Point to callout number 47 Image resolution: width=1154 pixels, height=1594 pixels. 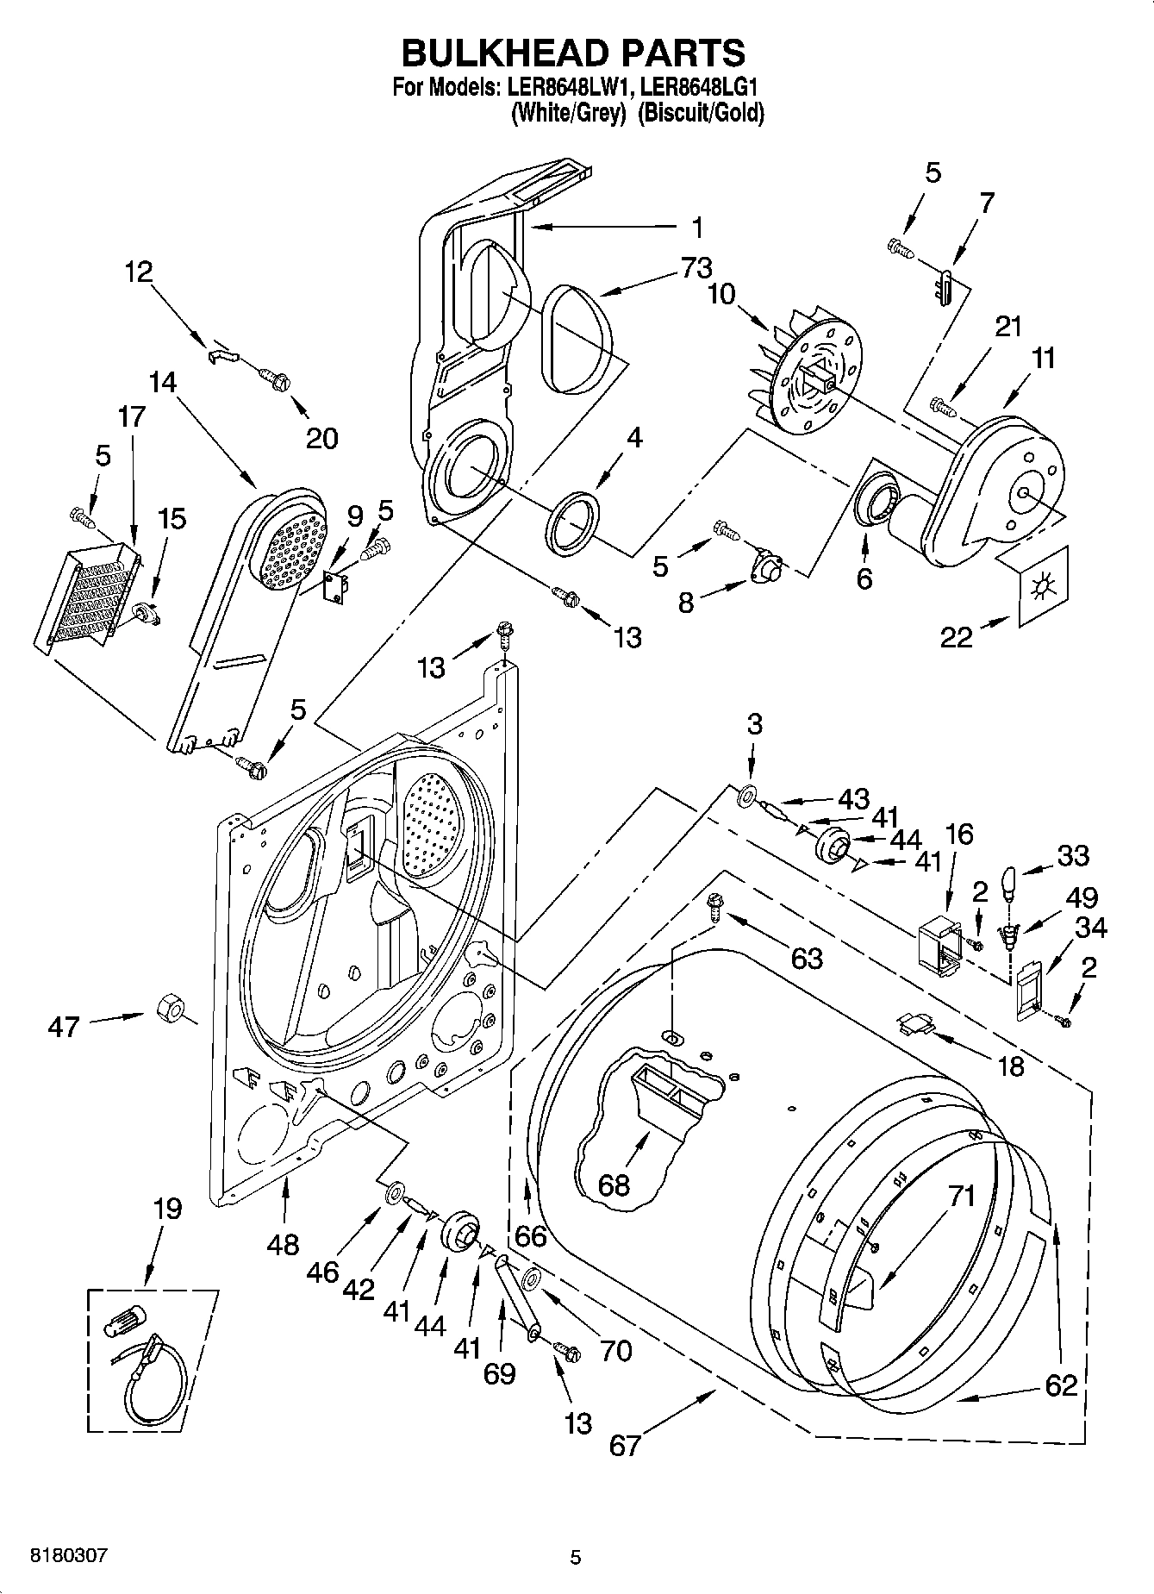coord(64,1027)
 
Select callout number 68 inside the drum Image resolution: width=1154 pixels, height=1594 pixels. coord(614,1185)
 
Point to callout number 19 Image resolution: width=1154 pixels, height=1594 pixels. coord(167,1209)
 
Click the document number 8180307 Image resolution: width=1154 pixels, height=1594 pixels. coord(69,1556)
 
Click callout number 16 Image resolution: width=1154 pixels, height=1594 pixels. coord(959,834)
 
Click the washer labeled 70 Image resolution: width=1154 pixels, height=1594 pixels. coord(532,1278)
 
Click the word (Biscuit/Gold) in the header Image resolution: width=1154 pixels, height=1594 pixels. coord(701,114)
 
